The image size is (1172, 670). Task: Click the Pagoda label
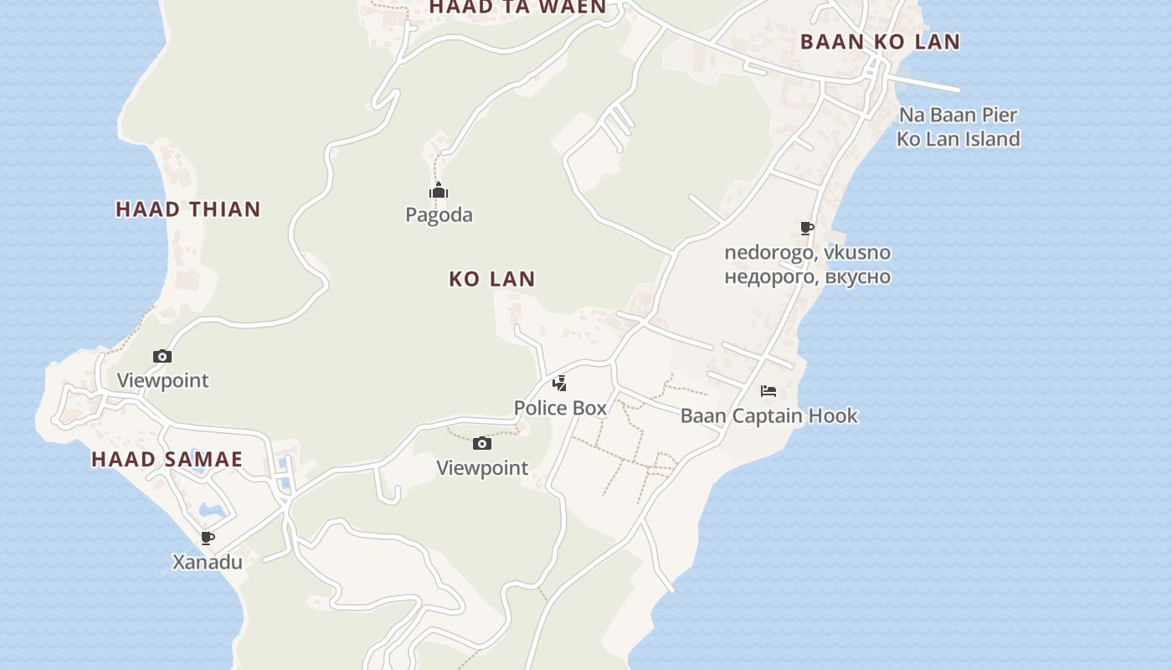(x=439, y=215)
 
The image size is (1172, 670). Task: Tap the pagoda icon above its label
(x=439, y=192)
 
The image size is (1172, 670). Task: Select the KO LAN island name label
(x=492, y=279)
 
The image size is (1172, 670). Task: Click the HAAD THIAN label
(x=188, y=209)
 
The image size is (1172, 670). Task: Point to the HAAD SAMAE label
(x=167, y=459)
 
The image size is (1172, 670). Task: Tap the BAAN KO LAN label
(x=880, y=42)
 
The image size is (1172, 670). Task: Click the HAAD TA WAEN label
(x=517, y=7)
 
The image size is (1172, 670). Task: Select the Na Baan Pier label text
(x=958, y=115)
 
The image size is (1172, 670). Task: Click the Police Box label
(x=560, y=408)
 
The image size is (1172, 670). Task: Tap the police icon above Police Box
(x=559, y=384)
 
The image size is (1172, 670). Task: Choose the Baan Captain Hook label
(x=768, y=415)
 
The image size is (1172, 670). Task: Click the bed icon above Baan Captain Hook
(x=768, y=391)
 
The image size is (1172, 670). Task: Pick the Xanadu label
(x=208, y=562)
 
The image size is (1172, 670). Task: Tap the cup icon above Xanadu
(x=208, y=538)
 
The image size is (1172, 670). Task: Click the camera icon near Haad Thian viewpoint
(x=162, y=356)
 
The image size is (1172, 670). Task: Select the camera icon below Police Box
(x=482, y=443)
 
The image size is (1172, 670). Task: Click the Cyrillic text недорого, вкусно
(x=807, y=276)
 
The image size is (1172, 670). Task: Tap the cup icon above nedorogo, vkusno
(x=807, y=228)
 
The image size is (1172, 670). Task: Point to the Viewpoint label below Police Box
(x=482, y=468)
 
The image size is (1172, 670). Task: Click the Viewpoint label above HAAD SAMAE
(x=162, y=380)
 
